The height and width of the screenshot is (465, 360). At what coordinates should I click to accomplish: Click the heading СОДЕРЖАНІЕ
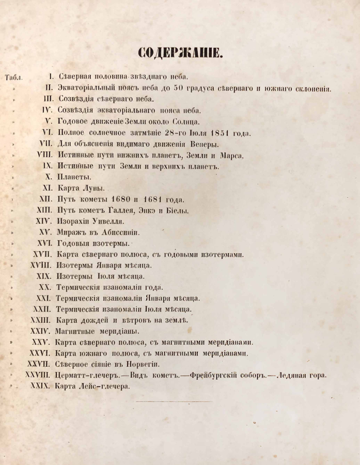point(180,52)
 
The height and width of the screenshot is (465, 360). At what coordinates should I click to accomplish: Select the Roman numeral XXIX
point(40,386)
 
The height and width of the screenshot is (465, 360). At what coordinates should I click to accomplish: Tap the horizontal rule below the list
point(174,401)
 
